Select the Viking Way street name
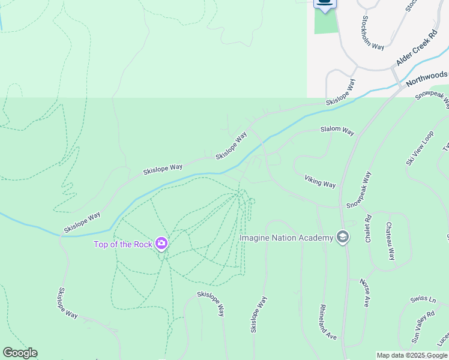pyautogui.click(x=320, y=181)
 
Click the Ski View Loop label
pyautogui.click(x=420, y=148)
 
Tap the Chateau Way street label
pyautogui.click(x=390, y=241)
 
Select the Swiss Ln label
pyautogui.click(x=423, y=299)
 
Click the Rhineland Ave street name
pyautogui.click(x=328, y=322)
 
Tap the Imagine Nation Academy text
pyautogui.click(x=286, y=238)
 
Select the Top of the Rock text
pyautogui.click(x=122, y=244)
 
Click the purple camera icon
pyautogui.click(x=161, y=244)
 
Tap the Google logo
pyautogui.click(x=20, y=353)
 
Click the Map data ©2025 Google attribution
pyautogui.click(x=412, y=355)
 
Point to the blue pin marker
pyautogui.click(x=325, y=5)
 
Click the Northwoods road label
pyautogui.click(x=427, y=76)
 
